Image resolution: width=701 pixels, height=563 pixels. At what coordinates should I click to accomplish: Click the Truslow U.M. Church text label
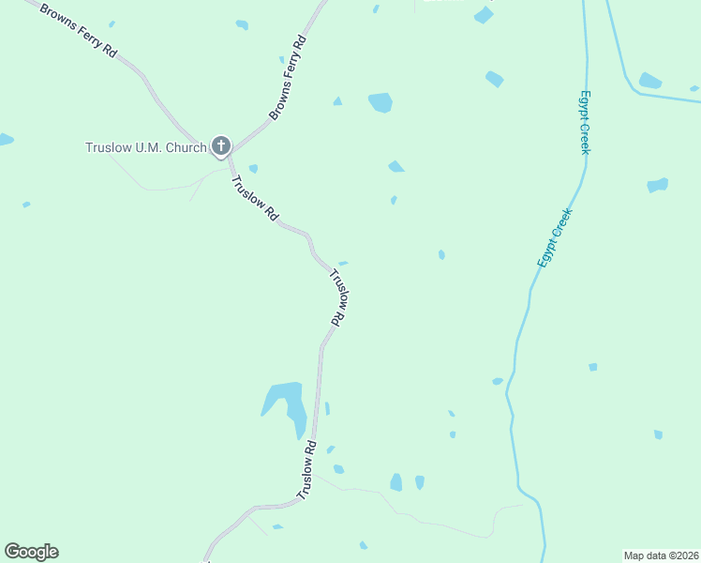coord(145,147)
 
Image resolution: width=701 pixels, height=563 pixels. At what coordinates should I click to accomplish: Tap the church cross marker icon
coord(221,145)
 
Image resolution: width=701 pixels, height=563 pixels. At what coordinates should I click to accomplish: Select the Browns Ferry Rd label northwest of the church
coord(78,37)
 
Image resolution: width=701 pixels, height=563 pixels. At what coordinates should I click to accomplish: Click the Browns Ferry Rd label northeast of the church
coord(289,79)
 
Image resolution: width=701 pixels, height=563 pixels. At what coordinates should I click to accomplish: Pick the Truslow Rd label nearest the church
coord(255,198)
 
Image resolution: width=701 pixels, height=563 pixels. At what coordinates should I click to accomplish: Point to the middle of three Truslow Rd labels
coord(338,297)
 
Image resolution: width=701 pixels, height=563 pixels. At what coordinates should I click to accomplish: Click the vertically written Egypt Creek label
coord(584,122)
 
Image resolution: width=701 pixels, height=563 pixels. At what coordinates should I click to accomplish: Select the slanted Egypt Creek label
coord(555,236)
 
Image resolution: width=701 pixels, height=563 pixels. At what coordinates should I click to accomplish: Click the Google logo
coord(31,552)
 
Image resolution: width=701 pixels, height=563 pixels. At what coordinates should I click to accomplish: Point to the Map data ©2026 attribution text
coord(661,555)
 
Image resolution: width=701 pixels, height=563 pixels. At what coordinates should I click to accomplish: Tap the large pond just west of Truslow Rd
coord(286,403)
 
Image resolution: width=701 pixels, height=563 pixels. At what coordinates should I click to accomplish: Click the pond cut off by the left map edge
coord(5,140)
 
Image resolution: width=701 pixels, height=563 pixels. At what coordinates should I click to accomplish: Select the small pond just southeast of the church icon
coord(253,169)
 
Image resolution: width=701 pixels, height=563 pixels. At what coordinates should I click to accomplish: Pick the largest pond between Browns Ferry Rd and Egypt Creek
coord(380,101)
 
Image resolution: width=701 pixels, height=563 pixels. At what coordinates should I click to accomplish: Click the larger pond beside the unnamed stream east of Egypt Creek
coord(649,81)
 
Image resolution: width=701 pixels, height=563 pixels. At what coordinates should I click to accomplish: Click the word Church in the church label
coord(185,147)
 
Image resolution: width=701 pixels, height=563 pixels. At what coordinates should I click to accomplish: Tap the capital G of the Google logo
coord(12,552)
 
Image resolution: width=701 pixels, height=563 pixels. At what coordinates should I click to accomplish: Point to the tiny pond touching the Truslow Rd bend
coord(343,264)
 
